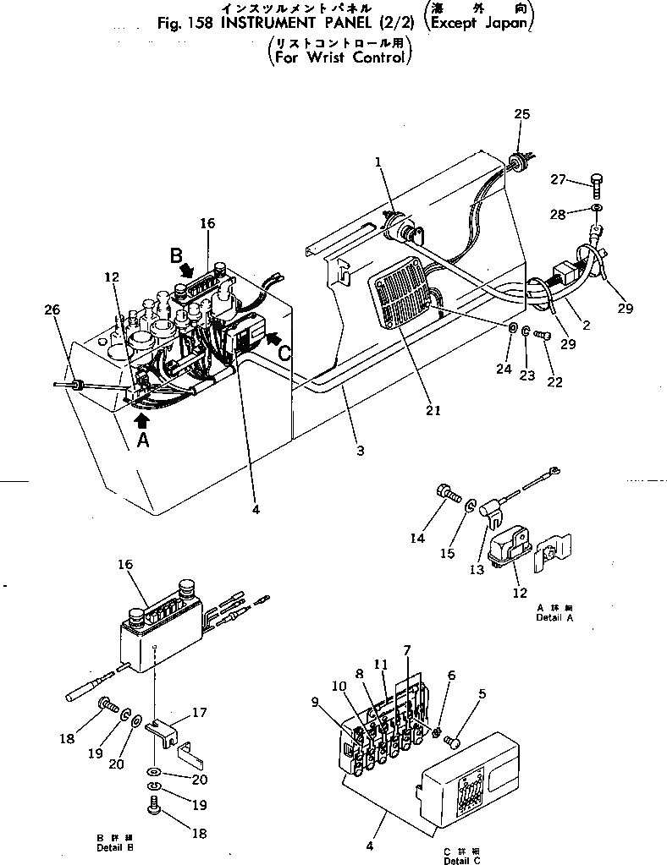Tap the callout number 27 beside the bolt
[x=556, y=179]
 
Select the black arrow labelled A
[x=142, y=417]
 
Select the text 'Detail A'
[x=554, y=618]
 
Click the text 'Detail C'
[x=461, y=859]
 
